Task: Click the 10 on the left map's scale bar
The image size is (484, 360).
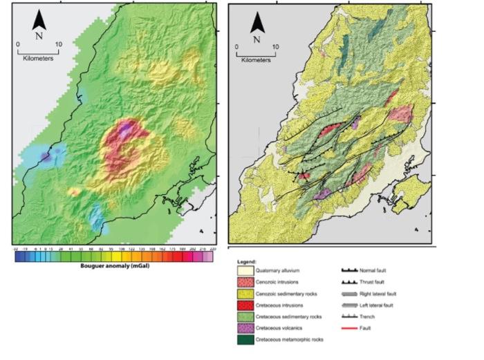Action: tap(59, 44)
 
